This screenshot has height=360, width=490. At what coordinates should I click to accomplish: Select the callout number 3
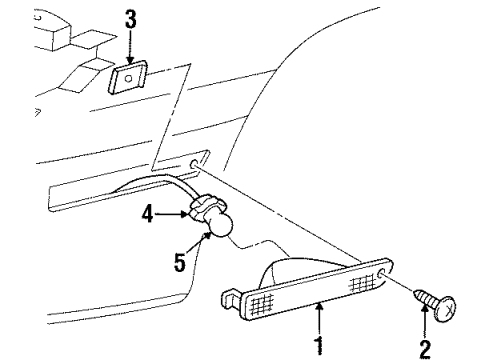(x=131, y=17)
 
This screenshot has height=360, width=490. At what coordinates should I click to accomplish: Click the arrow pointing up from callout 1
(x=321, y=321)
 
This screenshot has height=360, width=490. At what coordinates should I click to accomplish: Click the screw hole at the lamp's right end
(x=385, y=274)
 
